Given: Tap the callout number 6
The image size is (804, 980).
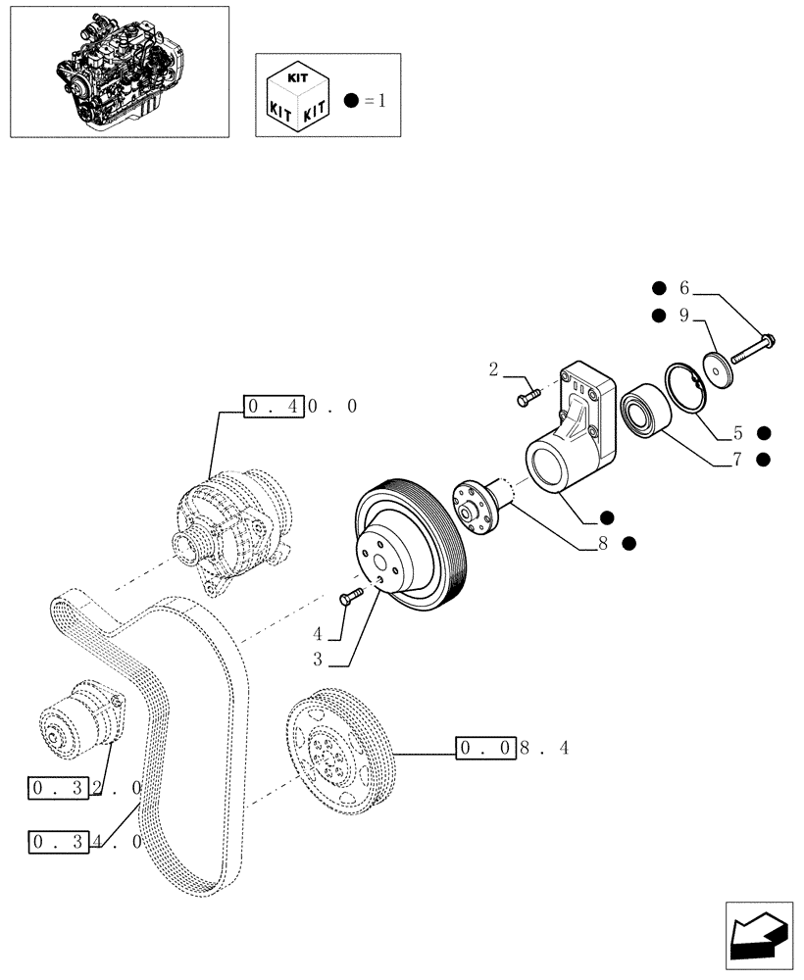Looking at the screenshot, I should click(x=684, y=288).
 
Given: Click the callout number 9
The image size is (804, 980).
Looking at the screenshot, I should click(x=684, y=316).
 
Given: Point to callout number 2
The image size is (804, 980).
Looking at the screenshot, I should click(x=494, y=369).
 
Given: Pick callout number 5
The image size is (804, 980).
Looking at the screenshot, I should click(x=737, y=432).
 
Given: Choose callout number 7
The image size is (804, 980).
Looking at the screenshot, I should click(x=737, y=459).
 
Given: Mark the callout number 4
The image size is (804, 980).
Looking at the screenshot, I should click(x=318, y=634).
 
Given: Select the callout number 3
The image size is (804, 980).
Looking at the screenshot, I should click(x=318, y=661).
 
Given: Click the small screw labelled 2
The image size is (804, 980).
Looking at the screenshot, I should click(x=528, y=397).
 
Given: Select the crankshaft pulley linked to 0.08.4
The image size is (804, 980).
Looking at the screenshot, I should click(x=338, y=753).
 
